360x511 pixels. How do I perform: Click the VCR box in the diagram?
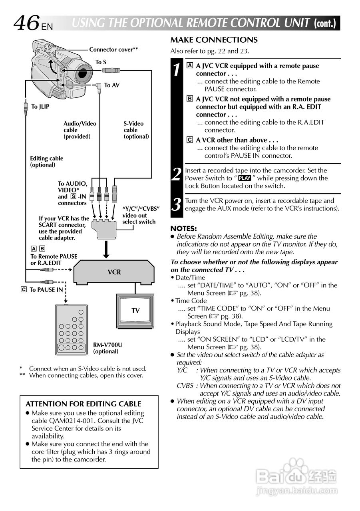[x=114, y=272]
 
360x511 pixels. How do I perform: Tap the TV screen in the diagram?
[x=135, y=310]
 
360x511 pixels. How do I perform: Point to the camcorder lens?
[x=83, y=74]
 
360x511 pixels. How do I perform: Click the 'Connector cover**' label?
[x=113, y=50]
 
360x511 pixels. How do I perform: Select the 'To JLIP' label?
[x=40, y=107]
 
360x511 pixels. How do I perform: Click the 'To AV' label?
[x=112, y=85]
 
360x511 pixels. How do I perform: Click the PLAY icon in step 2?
[x=244, y=178]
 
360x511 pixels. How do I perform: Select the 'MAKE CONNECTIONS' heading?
[x=214, y=40]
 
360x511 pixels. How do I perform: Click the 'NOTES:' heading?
[x=184, y=228]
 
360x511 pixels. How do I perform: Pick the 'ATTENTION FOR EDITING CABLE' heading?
[x=84, y=404]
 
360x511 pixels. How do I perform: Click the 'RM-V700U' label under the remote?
[x=108, y=345]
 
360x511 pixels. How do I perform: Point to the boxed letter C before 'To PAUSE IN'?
[x=23, y=289]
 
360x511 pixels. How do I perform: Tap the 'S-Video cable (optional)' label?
[x=136, y=130]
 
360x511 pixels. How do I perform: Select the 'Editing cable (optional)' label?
[x=46, y=161]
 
